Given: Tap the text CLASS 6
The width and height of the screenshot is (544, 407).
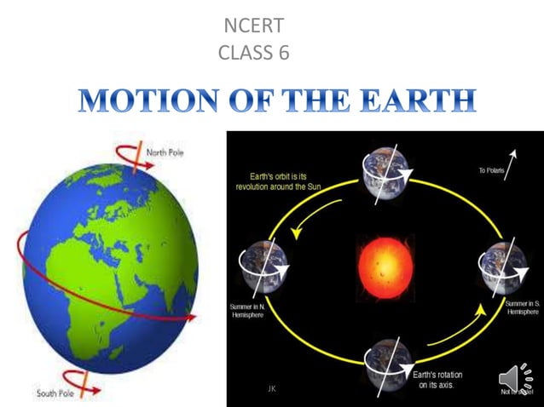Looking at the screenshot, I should (x=254, y=53).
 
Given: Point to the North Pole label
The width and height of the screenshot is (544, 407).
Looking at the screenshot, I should (x=165, y=153).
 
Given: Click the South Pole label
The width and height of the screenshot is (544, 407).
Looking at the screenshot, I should (x=59, y=393).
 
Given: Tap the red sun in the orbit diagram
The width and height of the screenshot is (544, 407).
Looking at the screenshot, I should (x=385, y=260).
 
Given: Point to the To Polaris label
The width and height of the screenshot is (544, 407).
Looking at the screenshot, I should (x=493, y=171).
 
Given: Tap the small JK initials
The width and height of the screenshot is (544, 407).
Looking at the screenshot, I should (x=271, y=388).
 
